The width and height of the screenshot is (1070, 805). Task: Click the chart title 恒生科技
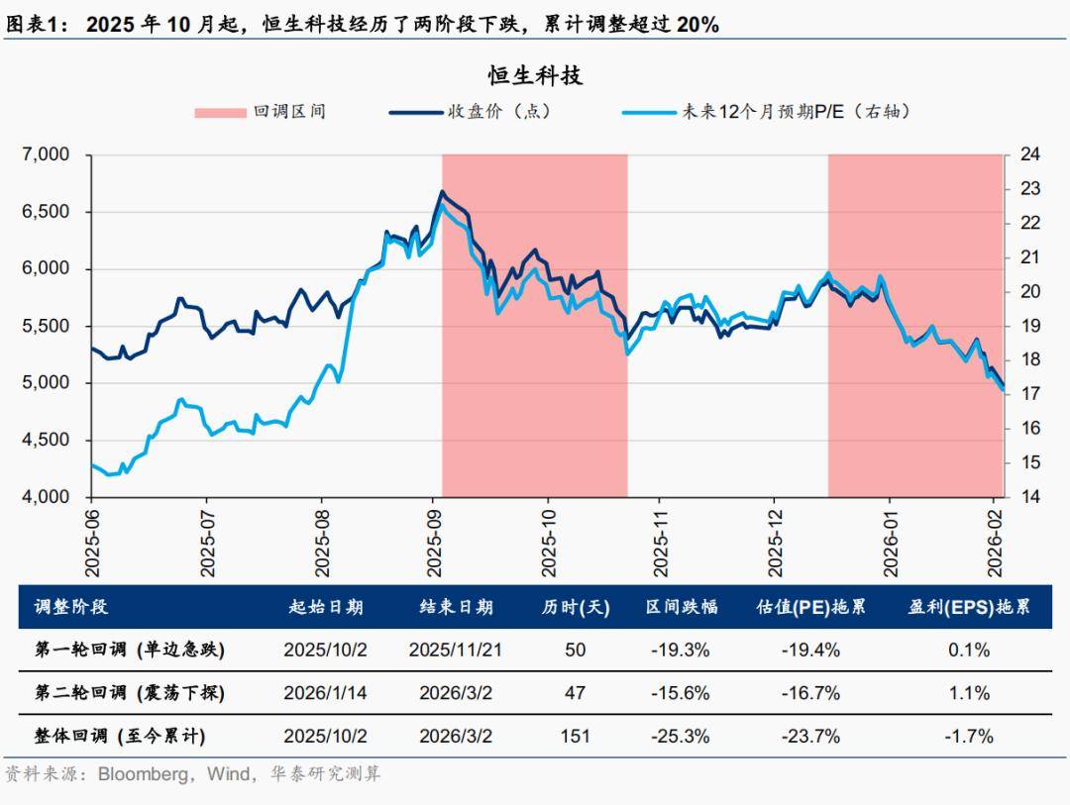tap(535, 76)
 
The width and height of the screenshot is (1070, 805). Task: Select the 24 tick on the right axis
tap(1029, 154)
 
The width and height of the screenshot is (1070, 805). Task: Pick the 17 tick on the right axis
tap(1029, 394)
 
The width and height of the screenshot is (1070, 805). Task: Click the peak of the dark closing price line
tap(442, 192)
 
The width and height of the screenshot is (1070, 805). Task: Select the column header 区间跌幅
tap(682, 607)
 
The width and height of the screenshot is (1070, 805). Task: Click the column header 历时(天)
tap(576, 607)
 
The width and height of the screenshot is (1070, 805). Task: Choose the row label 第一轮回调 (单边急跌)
tap(130, 651)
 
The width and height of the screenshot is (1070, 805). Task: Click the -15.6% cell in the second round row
tap(681, 693)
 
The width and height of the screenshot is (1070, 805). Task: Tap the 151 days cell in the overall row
tap(575, 736)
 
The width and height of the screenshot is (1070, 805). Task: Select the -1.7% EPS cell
tap(969, 736)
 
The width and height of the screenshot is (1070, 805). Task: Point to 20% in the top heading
tap(696, 26)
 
